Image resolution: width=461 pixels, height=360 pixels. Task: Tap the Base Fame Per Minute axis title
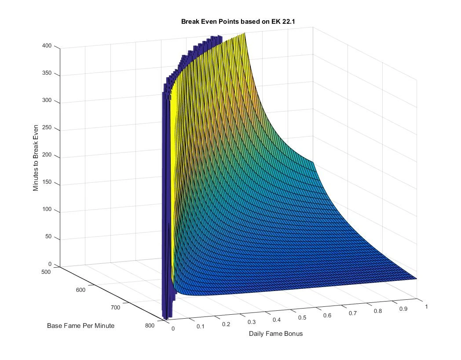click(81, 326)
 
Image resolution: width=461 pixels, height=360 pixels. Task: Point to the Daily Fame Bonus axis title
click(276, 333)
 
